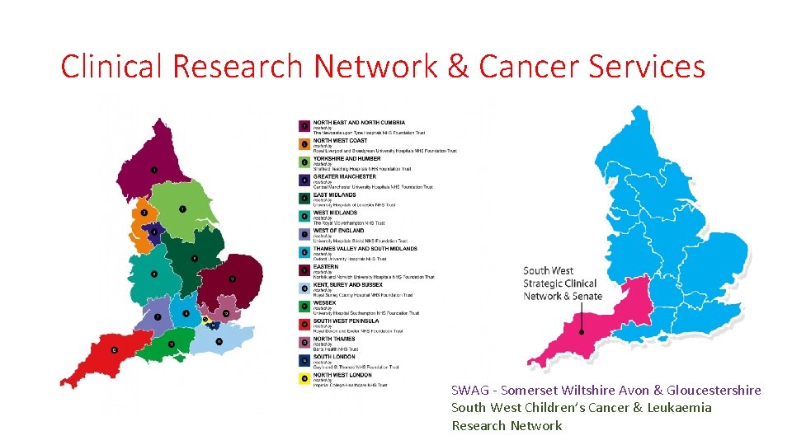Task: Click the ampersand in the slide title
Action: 458,66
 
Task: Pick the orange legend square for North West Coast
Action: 304,143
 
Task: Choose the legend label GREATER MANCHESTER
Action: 344,176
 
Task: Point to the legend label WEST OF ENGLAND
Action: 338,231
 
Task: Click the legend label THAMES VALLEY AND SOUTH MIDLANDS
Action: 365,249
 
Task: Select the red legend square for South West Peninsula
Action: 304,324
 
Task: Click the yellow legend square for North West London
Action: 304,377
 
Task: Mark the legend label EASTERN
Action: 326,267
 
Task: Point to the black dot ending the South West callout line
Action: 582,333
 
